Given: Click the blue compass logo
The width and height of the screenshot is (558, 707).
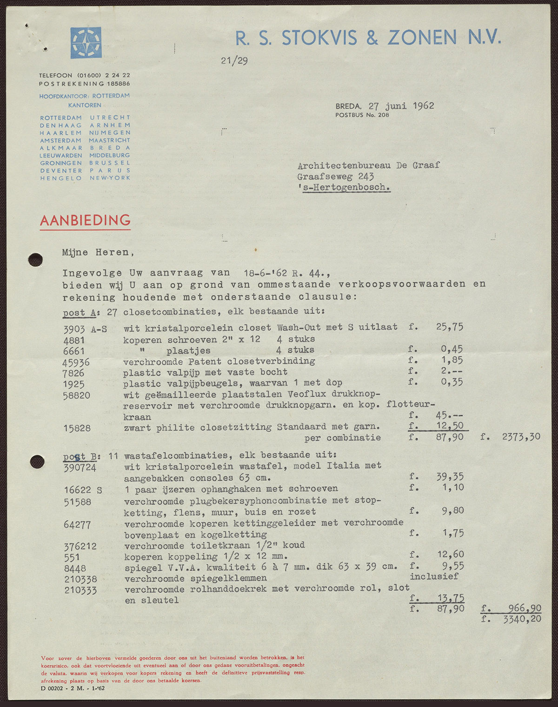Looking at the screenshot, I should (x=86, y=43).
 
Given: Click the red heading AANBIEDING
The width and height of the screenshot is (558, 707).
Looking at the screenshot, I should (x=85, y=220).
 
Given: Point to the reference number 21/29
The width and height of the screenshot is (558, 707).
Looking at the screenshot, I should (x=234, y=60).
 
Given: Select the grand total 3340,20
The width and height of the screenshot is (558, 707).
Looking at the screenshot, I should (x=522, y=619).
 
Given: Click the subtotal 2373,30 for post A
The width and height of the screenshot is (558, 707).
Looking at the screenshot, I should (x=521, y=437).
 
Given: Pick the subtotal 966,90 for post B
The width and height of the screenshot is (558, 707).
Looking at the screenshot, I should (x=523, y=608).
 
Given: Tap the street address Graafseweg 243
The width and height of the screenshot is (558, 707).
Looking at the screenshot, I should (x=336, y=176).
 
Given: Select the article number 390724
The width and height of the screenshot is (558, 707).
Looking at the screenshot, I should (x=80, y=467).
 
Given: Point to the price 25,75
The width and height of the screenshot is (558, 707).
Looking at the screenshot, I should (x=449, y=327).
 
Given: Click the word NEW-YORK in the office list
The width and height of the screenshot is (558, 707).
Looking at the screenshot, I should (x=110, y=178).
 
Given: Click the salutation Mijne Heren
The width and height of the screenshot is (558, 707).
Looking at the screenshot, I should (x=98, y=252).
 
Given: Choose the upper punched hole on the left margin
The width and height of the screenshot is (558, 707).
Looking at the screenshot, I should (x=36, y=260).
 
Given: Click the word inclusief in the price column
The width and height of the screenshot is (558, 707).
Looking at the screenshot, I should (x=434, y=576).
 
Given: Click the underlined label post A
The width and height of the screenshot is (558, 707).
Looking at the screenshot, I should (x=79, y=313).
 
